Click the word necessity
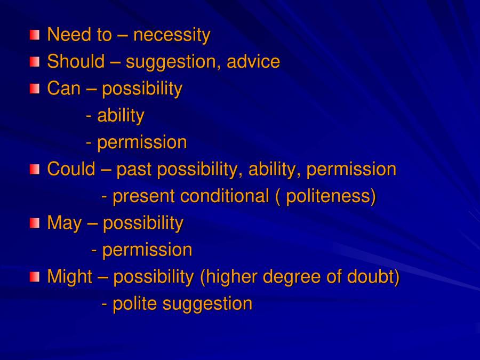tap(172, 35)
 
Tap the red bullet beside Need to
tap(35, 35)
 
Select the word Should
tap(76, 62)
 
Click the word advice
tap(253, 62)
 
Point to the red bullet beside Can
tap(35, 89)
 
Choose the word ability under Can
tap(121, 116)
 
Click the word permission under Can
tap(142, 142)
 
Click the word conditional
tap(224, 196)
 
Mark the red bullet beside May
tap(35, 223)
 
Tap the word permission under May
tap(147, 250)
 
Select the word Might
tap(70, 277)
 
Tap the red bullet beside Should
tap(35, 62)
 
